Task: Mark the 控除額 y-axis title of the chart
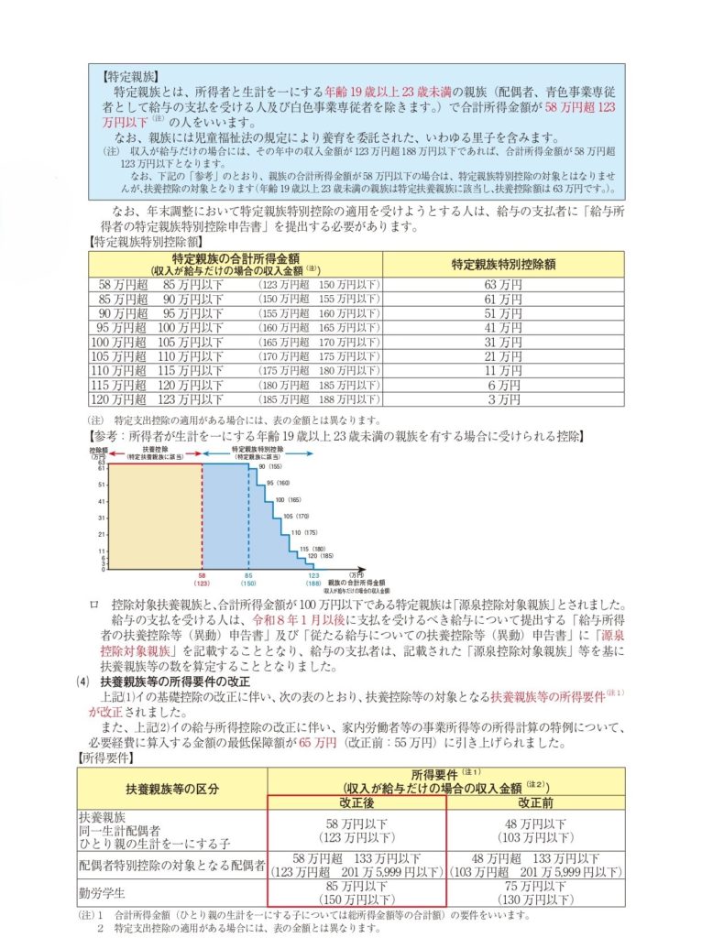pos(98,451)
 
